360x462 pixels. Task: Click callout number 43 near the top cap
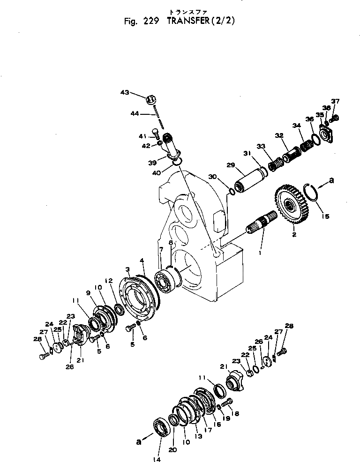click(125, 93)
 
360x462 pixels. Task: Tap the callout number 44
click(134, 113)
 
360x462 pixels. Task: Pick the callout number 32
click(279, 135)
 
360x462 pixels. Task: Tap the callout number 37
click(335, 101)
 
